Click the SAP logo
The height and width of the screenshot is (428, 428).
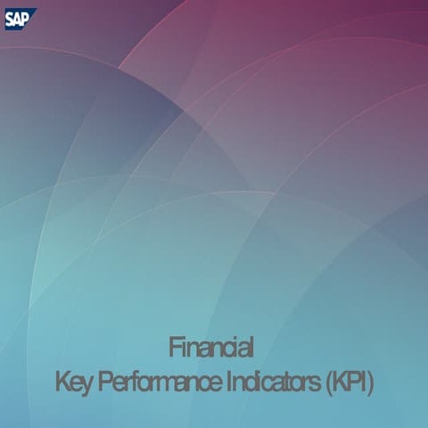click(x=18, y=18)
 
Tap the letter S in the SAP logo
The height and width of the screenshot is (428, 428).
click(x=9, y=18)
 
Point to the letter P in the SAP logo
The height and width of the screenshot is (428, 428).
click(x=26, y=18)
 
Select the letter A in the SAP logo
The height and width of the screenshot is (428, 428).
click(x=17, y=18)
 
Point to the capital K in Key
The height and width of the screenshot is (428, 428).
click(x=62, y=384)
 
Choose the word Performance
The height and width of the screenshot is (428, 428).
click(x=158, y=384)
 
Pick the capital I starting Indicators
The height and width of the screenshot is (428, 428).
click(x=228, y=384)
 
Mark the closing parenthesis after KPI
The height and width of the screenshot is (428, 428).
click(x=371, y=385)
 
